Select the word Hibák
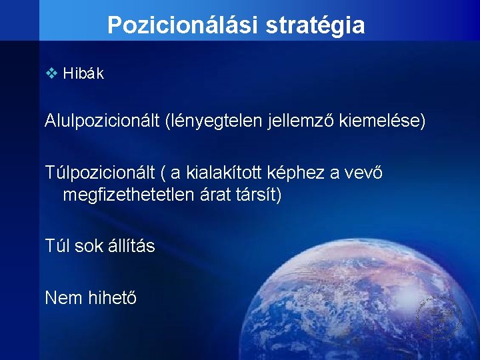click(83, 74)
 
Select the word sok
click(89, 246)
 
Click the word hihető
click(113, 297)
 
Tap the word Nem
click(64, 297)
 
